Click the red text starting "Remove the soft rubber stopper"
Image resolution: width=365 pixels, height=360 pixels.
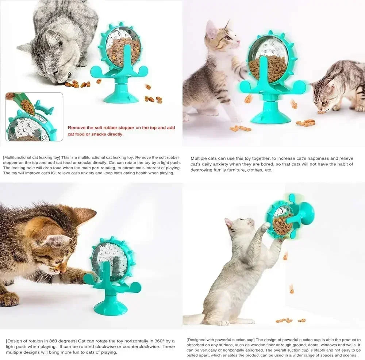[121, 131]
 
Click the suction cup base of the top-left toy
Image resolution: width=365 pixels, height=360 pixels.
[121, 96]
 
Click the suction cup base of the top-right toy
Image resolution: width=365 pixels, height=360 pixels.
[271, 115]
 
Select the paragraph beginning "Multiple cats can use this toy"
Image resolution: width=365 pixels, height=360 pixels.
[272, 164]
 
